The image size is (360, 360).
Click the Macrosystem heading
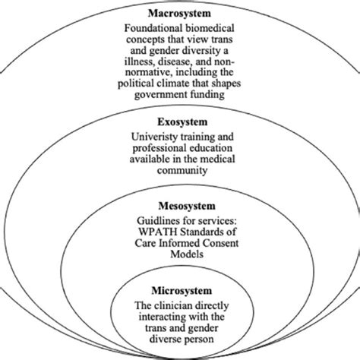[x=180, y=13]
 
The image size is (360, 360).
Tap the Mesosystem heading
[x=180, y=204]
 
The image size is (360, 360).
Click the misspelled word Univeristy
[x=155, y=135]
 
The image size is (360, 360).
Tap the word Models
[x=180, y=256]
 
